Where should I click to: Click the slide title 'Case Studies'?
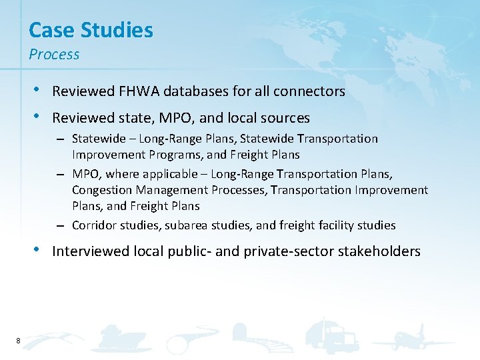click(x=91, y=30)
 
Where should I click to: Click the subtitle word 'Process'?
click(x=54, y=55)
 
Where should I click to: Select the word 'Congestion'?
click(x=101, y=190)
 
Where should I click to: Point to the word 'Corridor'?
click(x=93, y=225)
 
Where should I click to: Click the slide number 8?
click(x=17, y=341)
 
